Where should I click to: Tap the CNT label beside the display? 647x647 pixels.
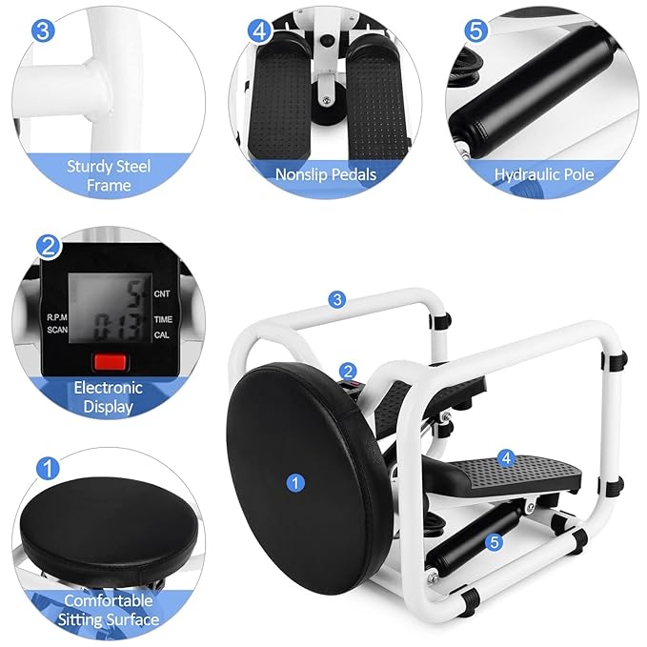(162, 295)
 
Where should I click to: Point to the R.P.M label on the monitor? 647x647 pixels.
(56, 315)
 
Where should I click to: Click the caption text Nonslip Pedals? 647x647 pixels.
(325, 174)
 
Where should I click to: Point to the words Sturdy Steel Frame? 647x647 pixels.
(109, 175)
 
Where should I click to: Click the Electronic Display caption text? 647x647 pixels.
(109, 396)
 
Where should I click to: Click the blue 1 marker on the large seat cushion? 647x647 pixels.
(295, 484)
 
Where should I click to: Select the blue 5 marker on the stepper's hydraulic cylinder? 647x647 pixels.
(494, 542)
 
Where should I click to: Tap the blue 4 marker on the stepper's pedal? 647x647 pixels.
(507, 458)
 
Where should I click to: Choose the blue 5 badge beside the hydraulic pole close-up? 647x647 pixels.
(475, 30)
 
